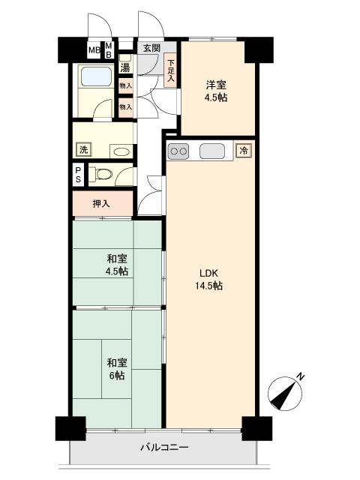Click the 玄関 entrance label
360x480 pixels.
(x=151, y=48)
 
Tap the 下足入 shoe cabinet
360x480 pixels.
(x=170, y=70)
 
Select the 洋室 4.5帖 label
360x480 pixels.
(x=216, y=91)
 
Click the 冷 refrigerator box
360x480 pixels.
(x=244, y=151)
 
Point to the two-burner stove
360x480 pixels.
(x=178, y=151)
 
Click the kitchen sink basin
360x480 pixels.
(x=211, y=151)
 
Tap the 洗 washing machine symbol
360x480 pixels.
(x=83, y=150)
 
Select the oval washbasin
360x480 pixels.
(x=121, y=151)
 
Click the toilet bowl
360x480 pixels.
(x=102, y=175)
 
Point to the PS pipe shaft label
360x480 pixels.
(x=78, y=175)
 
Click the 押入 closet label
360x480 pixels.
(x=101, y=203)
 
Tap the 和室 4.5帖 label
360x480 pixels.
(x=117, y=265)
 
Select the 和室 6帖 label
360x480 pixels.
(x=117, y=369)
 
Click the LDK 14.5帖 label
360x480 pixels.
(x=209, y=280)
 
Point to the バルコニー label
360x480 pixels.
(x=164, y=448)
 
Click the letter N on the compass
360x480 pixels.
(x=301, y=376)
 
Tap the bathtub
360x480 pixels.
(x=95, y=76)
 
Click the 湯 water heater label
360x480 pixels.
(x=125, y=67)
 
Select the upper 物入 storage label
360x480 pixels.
(x=125, y=85)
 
